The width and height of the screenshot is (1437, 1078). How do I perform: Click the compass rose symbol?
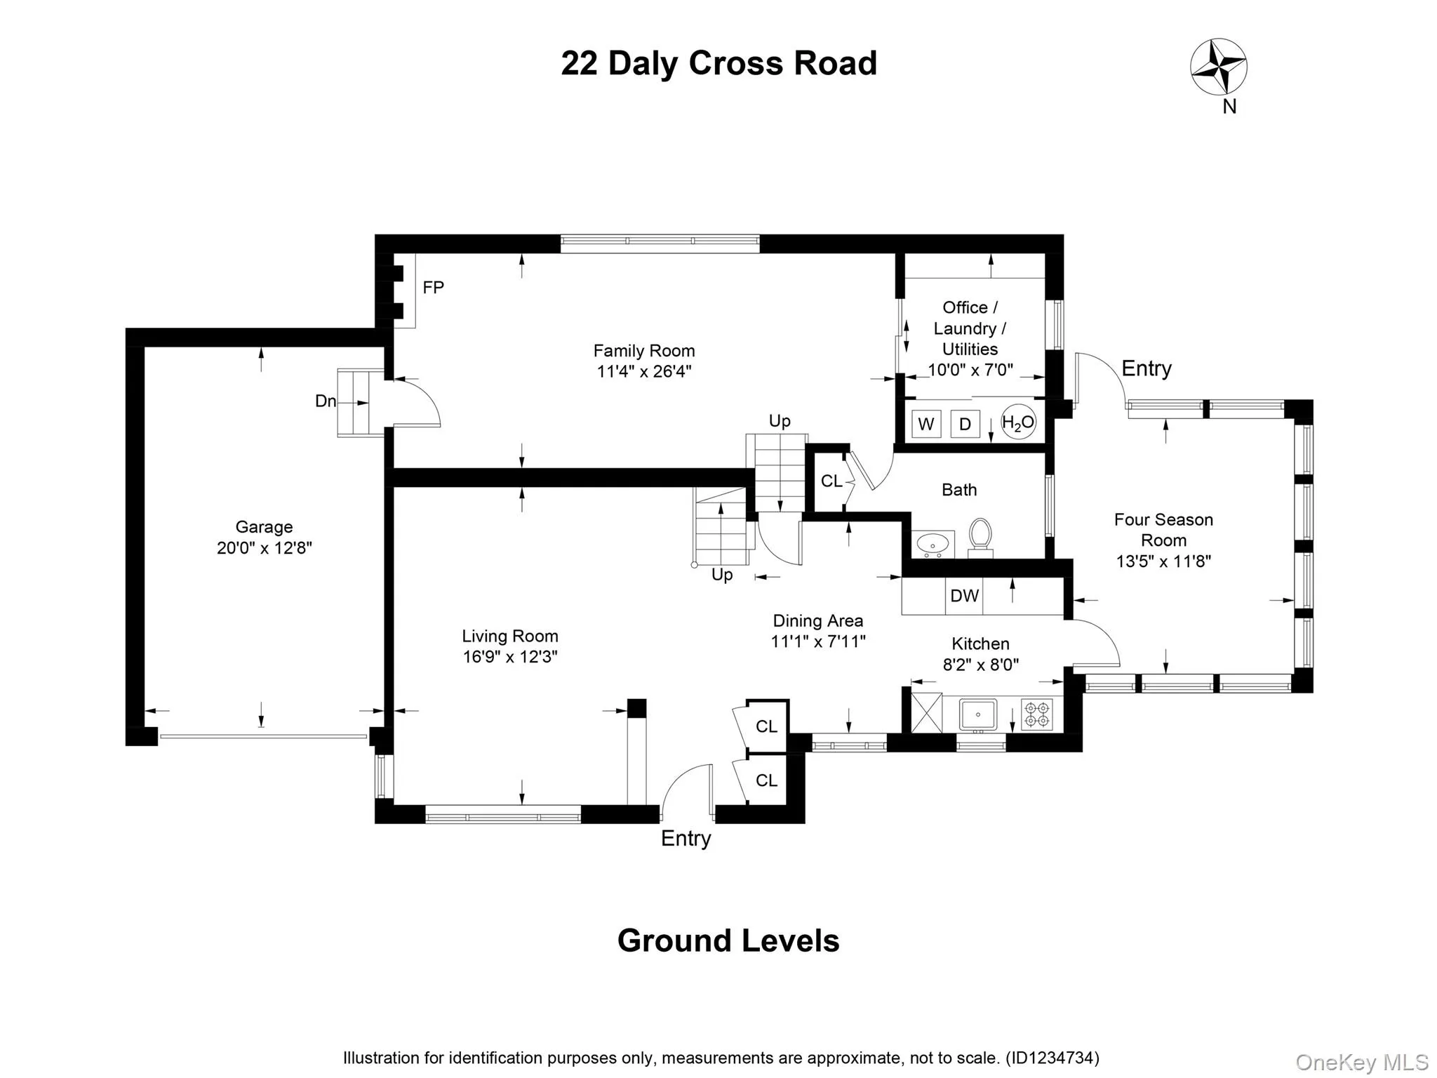(x=1219, y=67)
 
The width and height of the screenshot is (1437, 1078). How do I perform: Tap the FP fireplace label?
(x=433, y=287)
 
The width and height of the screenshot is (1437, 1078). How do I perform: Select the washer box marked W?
(x=925, y=424)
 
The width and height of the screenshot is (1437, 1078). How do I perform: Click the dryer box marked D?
(x=965, y=424)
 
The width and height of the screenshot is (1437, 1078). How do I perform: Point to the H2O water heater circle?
(x=1017, y=422)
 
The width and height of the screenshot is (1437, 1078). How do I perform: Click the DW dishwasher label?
(x=964, y=596)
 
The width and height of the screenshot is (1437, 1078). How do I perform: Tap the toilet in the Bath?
(x=980, y=536)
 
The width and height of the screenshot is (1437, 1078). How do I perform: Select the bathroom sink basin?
(x=933, y=543)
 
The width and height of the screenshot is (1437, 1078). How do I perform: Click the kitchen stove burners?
(x=1036, y=714)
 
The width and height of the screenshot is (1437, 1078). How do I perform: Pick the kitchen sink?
(x=978, y=714)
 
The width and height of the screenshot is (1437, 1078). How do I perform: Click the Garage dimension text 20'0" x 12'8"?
(x=264, y=548)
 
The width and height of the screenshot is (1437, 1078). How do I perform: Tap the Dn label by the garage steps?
(x=325, y=401)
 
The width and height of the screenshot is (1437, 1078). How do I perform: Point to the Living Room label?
(x=510, y=637)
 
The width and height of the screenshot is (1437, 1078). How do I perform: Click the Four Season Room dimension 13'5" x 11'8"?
(x=1163, y=561)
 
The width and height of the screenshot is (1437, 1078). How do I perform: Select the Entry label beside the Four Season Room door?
(x=1146, y=368)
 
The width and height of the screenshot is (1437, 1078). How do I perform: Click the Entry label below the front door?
(x=686, y=839)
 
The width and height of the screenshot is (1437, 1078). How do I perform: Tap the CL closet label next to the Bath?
(x=831, y=481)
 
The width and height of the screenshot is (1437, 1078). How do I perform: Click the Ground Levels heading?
(x=728, y=941)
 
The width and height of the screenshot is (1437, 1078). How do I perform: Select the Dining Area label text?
(x=817, y=621)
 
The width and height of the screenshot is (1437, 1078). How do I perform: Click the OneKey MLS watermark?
(x=1361, y=1063)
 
